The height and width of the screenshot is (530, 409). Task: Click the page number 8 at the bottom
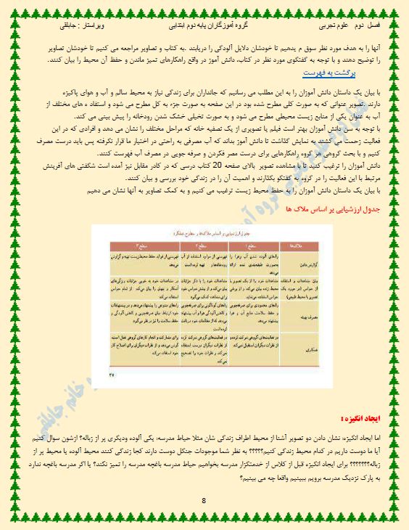pyautogui.click(x=204, y=500)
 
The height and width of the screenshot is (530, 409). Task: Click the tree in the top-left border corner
pyautogui.click(x=9, y=8)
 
